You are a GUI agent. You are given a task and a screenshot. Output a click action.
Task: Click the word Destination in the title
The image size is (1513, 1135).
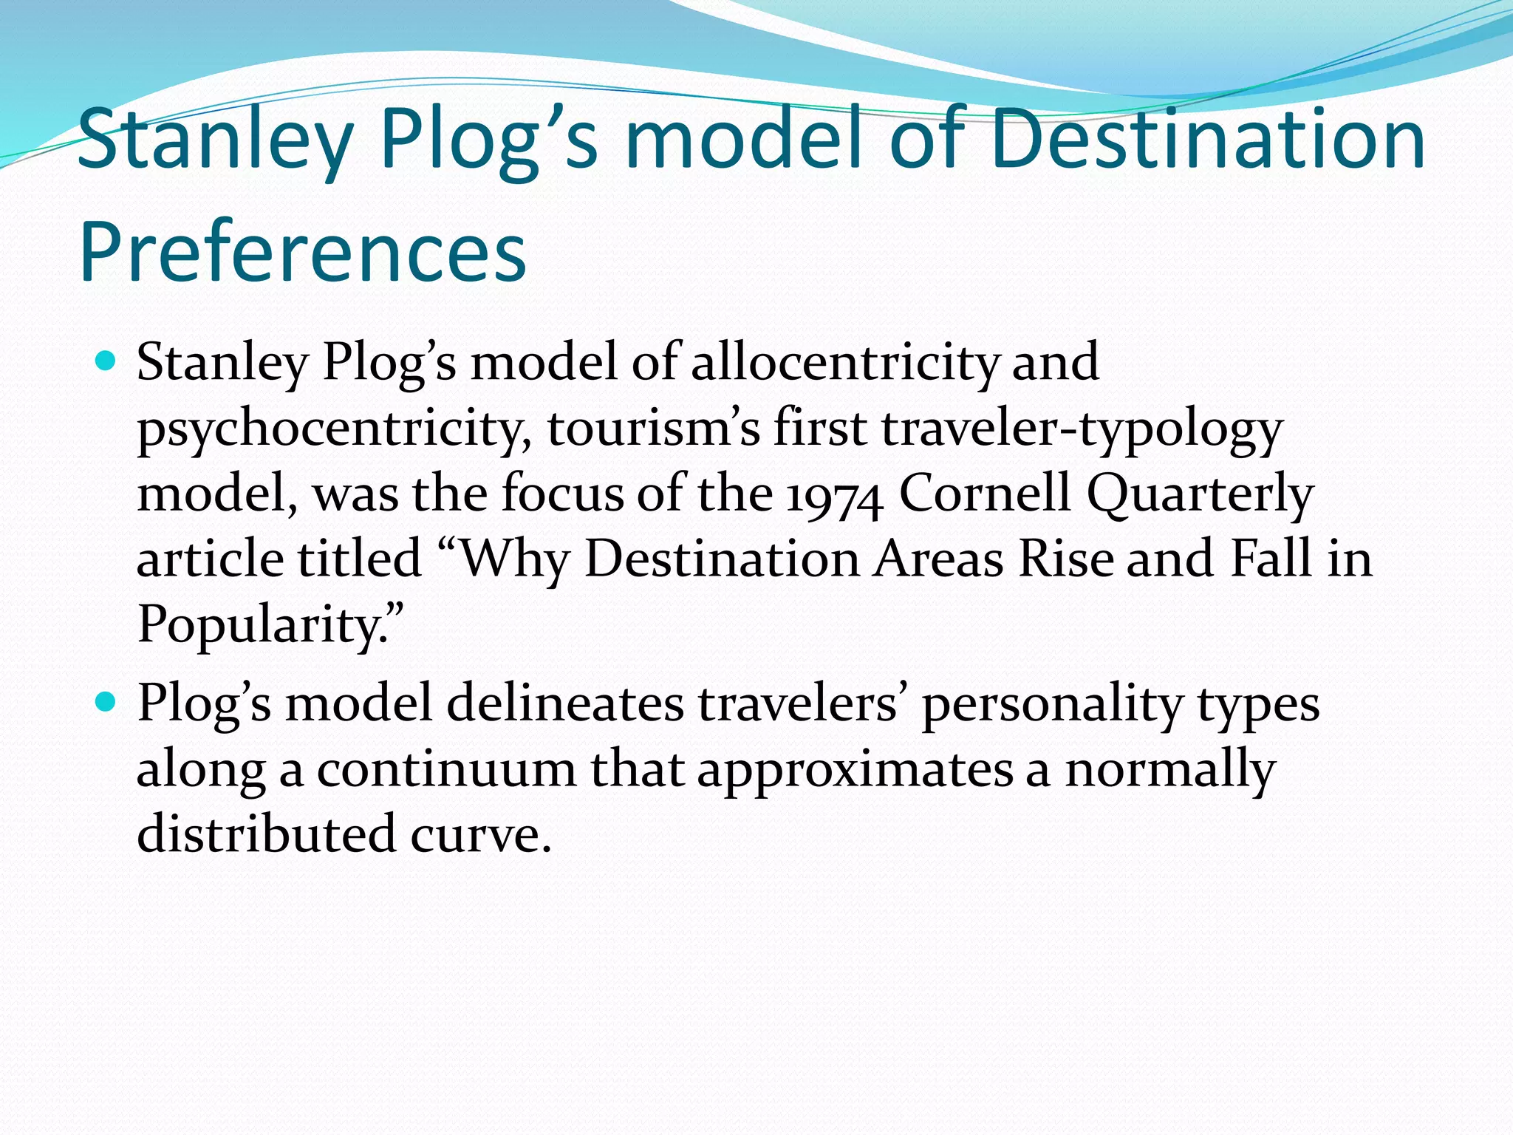(x=1211, y=139)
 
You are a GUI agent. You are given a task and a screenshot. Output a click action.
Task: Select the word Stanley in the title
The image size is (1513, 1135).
(x=214, y=139)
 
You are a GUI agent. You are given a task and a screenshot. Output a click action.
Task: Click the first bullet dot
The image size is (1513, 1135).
(x=107, y=361)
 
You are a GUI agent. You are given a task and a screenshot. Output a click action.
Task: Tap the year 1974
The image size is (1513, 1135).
(x=835, y=494)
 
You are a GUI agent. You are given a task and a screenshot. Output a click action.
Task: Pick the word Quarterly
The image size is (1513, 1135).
(x=1201, y=494)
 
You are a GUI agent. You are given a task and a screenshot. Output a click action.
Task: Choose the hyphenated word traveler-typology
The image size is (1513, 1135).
(x=1082, y=429)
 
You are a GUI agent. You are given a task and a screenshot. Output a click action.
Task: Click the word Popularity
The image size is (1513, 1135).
(x=270, y=624)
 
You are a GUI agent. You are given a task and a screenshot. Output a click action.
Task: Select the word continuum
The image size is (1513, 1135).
(x=446, y=768)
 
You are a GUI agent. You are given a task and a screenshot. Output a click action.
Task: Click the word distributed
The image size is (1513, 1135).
(x=266, y=834)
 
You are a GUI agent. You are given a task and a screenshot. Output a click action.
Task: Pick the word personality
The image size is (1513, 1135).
(x=1053, y=703)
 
